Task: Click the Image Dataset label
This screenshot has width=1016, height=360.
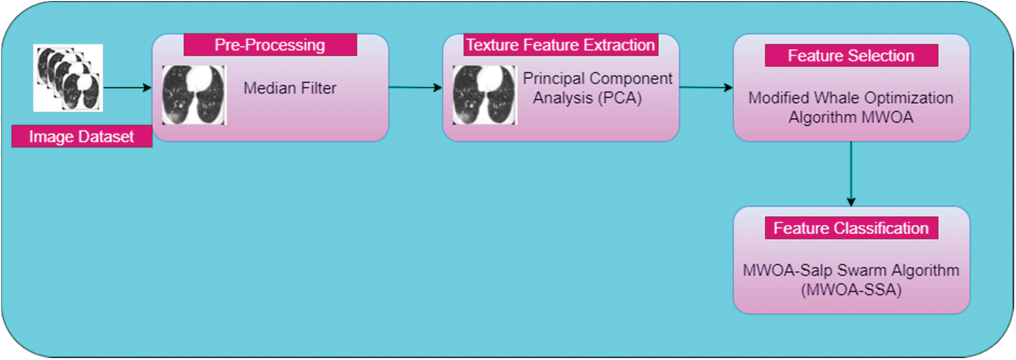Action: point(82,137)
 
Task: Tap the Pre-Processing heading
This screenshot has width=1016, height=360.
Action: point(270,45)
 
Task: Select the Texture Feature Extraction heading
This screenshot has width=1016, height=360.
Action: point(561,45)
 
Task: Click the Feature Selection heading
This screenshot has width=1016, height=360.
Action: point(851,55)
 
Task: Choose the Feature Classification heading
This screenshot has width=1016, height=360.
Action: point(851,228)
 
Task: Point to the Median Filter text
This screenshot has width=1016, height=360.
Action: point(290,88)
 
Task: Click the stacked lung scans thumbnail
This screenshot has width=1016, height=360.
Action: point(68,78)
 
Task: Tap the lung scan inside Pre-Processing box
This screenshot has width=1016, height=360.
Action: point(194,95)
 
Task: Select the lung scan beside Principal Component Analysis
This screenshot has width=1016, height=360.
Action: point(485,95)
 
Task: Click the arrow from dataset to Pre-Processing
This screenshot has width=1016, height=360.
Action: point(127,87)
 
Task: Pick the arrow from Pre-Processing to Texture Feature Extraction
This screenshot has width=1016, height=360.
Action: point(415,87)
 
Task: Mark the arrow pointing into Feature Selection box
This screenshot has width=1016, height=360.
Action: point(706,87)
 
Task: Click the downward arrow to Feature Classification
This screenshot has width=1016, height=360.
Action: point(851,174)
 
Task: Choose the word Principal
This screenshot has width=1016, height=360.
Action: point(551,79)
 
